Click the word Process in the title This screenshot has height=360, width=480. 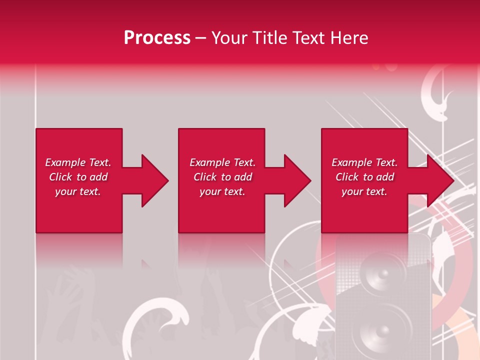point(157,38)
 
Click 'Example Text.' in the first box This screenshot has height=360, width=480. point(78,162)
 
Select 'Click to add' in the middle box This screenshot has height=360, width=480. point(222,177)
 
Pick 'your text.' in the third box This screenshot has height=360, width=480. point(364,191)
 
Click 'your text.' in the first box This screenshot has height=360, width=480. point(78,191)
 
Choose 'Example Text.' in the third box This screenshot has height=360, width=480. point(364,162)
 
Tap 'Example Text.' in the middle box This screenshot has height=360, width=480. point(222,162)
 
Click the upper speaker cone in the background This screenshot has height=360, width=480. point(383,275)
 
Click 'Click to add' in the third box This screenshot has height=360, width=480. point(364,177)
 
